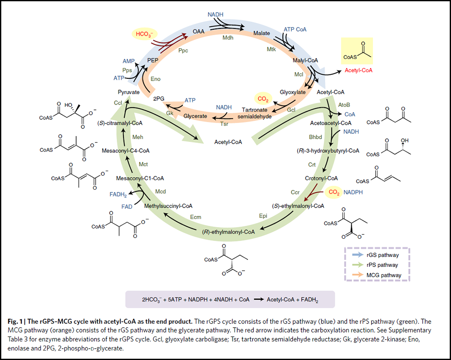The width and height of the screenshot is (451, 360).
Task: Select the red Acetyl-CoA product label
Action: (358, 71)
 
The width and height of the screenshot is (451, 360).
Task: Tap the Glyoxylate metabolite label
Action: (293, 92)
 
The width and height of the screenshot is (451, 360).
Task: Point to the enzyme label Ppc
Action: (183, 50)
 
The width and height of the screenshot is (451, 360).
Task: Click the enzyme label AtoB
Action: (344, 104)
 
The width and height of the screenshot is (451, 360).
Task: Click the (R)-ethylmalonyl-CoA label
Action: (228, 232)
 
